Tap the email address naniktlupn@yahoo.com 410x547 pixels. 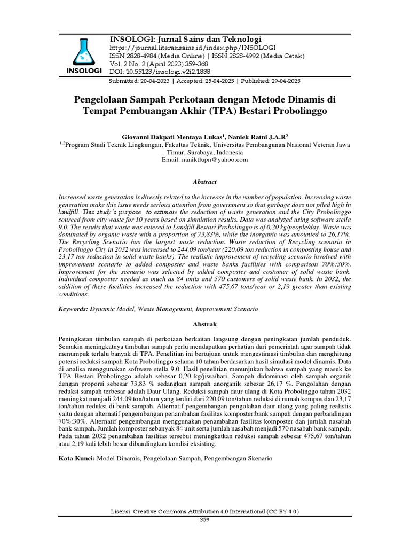205,159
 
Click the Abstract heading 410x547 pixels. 205,182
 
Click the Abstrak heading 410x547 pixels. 205,324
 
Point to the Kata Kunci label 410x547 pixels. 76,458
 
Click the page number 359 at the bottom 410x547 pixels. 205,519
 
